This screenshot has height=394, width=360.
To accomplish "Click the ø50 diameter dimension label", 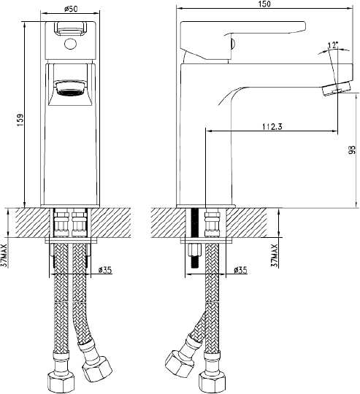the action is [x=71, y=8].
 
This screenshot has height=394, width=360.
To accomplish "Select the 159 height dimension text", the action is [x=20, y=120].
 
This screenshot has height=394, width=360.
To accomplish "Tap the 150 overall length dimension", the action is [x=264, y=4].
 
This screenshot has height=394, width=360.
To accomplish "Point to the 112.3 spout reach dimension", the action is [x=272, y=126].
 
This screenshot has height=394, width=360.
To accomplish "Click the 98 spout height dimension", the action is [x=353, y=150].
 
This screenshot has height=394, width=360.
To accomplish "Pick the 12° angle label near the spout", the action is [x=332, y=45].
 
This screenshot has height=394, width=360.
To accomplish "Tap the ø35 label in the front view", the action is [x=105, y=270].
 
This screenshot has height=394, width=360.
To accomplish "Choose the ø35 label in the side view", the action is [x=240, y=270].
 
